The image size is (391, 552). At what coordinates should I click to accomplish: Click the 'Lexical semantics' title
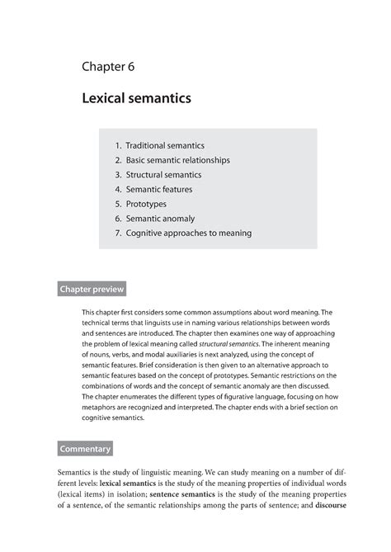coord(136,99)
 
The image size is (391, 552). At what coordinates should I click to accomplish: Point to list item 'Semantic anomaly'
coord(160,219)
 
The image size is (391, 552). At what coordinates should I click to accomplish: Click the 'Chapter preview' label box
coord(91,290)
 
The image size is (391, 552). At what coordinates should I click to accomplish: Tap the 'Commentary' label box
coord(84,449)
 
